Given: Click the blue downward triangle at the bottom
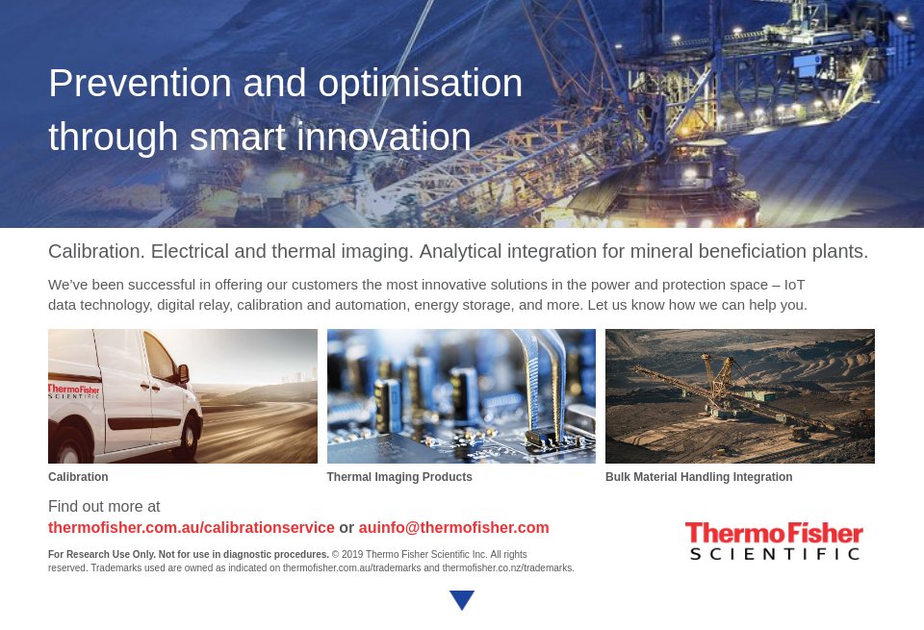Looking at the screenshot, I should pos(462,600).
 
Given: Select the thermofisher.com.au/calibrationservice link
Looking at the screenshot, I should pos(192,528).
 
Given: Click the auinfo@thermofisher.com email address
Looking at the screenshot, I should pos(453,528).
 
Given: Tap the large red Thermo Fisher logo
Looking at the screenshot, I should pos(774,535).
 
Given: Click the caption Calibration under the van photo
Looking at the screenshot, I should pos(78,477).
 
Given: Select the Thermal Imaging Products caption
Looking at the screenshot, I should pos(399,477).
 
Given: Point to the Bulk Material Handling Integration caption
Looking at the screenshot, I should pos(699,477).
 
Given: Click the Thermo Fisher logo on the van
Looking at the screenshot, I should pos(74,391).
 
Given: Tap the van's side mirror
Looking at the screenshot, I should pos(183,372).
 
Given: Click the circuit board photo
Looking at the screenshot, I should pos(461,396).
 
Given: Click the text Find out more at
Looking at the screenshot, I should pos(104,507).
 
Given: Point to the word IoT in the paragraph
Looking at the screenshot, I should pos(794,285).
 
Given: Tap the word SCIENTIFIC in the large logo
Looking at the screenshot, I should pos(774,554).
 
